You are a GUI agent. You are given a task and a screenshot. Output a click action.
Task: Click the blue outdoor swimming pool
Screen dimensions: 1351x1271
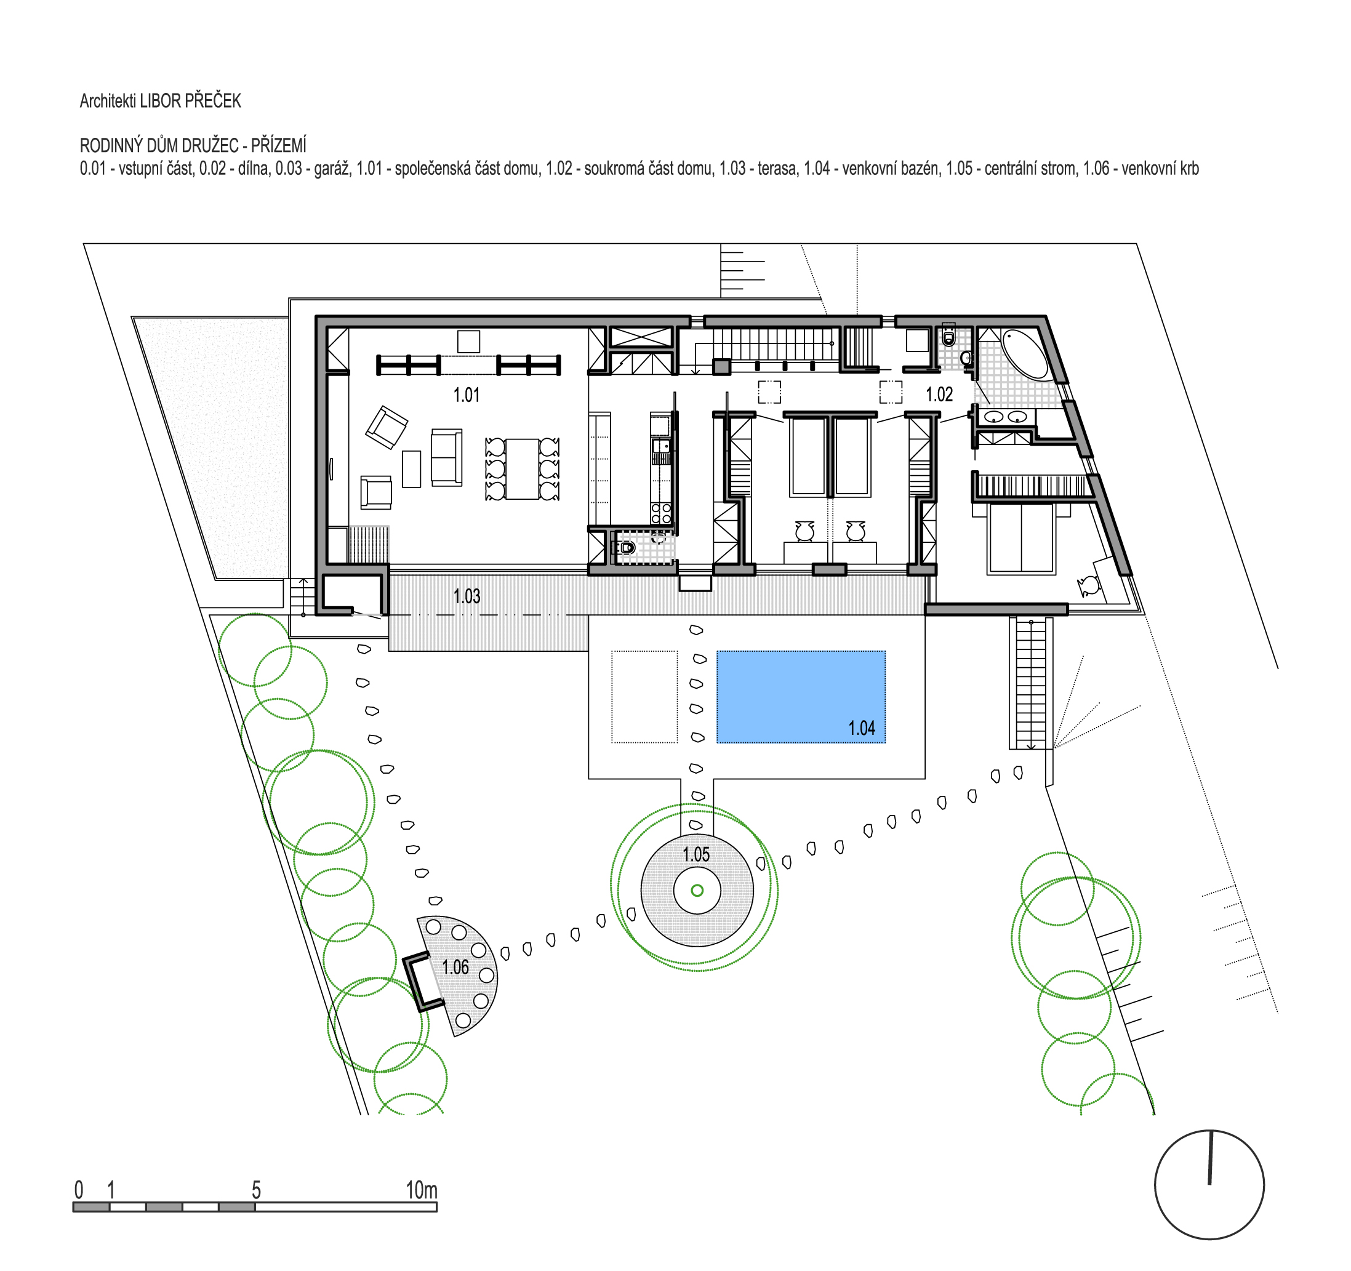801,697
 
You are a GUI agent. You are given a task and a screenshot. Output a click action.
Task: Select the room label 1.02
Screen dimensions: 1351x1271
939,394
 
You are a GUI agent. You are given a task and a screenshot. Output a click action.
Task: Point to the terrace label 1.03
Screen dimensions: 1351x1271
467,596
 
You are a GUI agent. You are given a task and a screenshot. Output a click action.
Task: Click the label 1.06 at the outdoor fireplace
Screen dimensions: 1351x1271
455,966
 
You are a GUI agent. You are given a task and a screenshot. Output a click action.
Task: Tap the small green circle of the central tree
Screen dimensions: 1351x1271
697,891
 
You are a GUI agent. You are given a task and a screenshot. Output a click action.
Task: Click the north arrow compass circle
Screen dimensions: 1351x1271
1209,1185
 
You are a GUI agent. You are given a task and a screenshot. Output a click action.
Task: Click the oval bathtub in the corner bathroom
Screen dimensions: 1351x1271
1027,353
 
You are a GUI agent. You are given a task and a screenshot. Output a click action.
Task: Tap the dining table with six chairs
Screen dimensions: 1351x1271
522,469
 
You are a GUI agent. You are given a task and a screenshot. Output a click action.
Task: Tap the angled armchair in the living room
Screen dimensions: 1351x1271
387,427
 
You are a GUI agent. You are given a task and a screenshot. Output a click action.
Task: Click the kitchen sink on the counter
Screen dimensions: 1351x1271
660,446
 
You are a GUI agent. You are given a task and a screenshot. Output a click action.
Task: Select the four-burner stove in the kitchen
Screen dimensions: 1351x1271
660,513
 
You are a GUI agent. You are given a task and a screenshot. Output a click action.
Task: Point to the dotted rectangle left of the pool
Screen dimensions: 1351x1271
644,697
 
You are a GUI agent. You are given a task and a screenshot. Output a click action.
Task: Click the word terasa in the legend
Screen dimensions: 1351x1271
775,169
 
